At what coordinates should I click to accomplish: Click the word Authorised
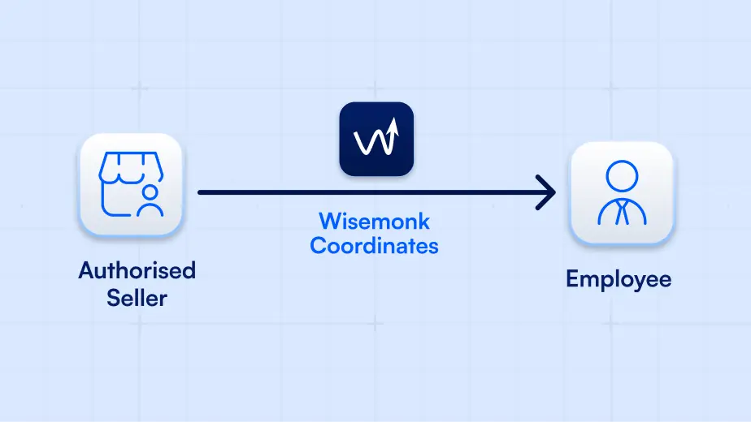tap(137, 270)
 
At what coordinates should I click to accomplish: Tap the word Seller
tap(137, 298)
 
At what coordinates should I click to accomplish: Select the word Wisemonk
tap(374, 221)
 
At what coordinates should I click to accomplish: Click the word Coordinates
tap(374, 245)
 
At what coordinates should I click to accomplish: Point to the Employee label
tap(619, 279)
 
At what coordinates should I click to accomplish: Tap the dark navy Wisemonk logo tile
tap(376, 139)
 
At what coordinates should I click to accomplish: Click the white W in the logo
tap(370, 143)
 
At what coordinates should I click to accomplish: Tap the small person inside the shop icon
tap(149, 201)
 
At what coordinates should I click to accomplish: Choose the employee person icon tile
tap(621, 193)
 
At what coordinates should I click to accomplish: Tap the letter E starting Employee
tap(573, 279)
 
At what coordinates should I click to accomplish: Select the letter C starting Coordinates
tap(319, 245)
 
